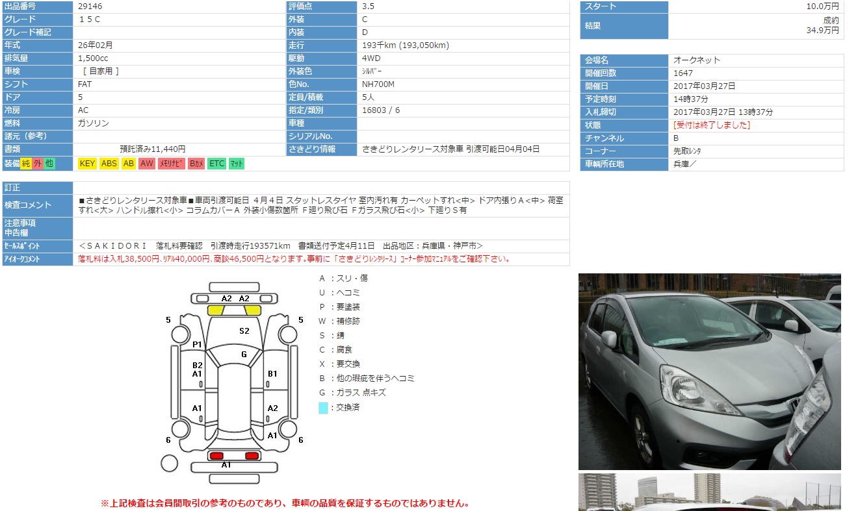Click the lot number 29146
point(90,6)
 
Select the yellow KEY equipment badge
point(87,164)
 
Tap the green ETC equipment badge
point(216,164)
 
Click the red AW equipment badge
point(147,164)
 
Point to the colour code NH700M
point(378,84)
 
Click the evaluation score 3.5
point(368,6)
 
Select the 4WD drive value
point(371,58)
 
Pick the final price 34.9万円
point(822,31)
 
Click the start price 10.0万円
point(822,6)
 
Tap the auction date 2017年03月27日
point(704,86)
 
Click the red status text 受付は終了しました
point(712,125)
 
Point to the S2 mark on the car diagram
point(244,331)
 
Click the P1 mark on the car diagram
point(197,345)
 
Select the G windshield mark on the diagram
point(244,355)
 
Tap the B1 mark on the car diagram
point(272,374)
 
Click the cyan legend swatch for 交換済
point(323,408)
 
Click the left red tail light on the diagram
point(216,456)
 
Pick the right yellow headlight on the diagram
point(253,310)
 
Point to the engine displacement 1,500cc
point(93,58)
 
